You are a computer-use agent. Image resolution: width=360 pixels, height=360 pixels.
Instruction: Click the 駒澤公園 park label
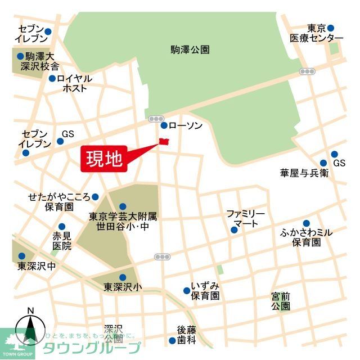click(x=190, y=49)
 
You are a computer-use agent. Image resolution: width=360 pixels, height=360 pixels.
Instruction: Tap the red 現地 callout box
click(x=104, y=159)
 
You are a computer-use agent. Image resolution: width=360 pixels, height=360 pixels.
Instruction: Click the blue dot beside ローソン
click(x=164, y=125)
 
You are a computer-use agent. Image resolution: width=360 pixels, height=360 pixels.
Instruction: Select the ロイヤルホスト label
click(x=75, y=83)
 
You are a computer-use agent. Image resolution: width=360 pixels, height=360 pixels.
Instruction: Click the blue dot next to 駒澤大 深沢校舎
click(x=20, y=56)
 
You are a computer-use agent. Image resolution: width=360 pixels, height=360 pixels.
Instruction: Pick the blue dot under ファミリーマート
click(x=233, y=229)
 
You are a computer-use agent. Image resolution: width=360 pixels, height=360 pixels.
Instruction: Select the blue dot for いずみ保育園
click(x=186, y=291)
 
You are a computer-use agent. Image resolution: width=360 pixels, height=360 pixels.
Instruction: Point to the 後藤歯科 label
click(x=186, y=334)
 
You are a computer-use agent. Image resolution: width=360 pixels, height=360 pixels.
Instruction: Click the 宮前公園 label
click(x=280, y=301)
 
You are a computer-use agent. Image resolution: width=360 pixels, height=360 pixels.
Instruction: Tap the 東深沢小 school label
click(x=123, y=287)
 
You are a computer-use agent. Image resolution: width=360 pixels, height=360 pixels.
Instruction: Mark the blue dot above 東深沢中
click(x=22, y=256)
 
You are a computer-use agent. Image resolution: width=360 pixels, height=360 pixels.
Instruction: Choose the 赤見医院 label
click(x=62, y=241)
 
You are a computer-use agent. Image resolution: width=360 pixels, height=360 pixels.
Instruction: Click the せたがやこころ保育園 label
click(x=59, y=202)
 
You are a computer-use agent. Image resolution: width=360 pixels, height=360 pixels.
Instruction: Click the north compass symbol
click(x=30, y=328)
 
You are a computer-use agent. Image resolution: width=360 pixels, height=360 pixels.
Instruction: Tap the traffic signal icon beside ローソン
click(x=155, y=119)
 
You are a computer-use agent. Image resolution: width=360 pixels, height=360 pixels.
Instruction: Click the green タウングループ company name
click(x=92, y=347)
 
